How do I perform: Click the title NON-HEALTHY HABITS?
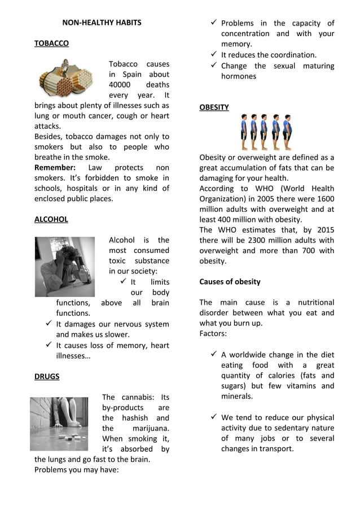click(102, 23)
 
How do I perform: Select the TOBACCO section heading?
click(51, 43)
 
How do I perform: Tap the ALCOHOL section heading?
click(51, 219)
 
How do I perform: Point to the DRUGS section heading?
click(47, 376)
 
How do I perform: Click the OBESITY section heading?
click(214, 107)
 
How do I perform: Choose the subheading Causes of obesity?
click(230, 281)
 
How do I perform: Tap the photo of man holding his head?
click(65, 266)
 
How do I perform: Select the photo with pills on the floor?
click(59, 423)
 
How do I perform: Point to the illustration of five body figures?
click(266, 132)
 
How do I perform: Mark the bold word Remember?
click(55, 168)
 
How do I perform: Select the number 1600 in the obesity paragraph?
click(326, 198)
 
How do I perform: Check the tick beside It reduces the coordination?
click(213, 54)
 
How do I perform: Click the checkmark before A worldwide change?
click(213, 354)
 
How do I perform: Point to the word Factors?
click(213, 333)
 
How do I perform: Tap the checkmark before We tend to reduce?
click(213, 417)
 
